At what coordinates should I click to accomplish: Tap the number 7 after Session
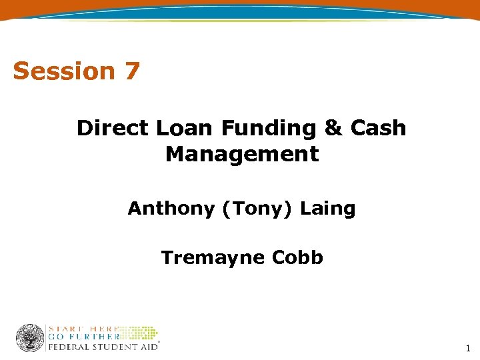click(x=131, y=71)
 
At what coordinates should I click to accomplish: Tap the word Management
click(x=242, y=154)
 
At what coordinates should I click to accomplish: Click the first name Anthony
click(x=171, y=209)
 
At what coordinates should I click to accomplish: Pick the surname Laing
click(x=328, y=209)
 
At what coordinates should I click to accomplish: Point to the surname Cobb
click(x=297, y=257)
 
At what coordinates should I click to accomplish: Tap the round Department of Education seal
click(x=30, y=338)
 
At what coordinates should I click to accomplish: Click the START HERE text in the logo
click(x=83, y=328)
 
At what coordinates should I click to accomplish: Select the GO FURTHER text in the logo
click(x=83, y=337)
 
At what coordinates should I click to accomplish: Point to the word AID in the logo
click(x=147, y=347)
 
